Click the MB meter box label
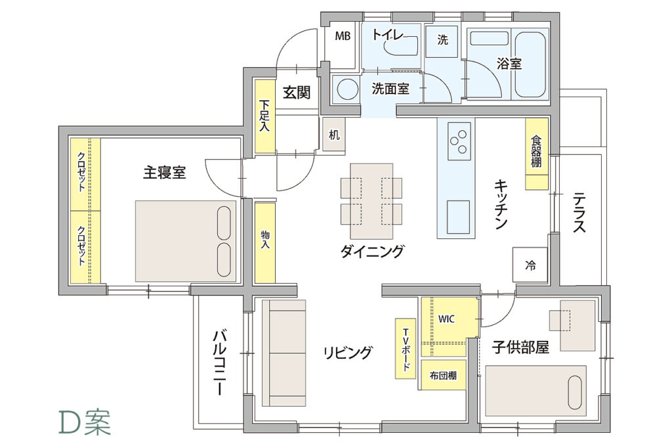tap(343, 36)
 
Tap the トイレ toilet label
tap(387, 34)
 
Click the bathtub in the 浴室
tap(530, 64)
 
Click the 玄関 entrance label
tap(297, 92)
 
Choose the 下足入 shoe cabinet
tap(265, 116)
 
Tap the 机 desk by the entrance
tap(334, 134)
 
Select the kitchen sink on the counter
tap(459, 217)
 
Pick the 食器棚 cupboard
tap(537, 153)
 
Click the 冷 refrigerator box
tap(530, 265)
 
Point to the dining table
tap(371, 201)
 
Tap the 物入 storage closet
tap(265, 242)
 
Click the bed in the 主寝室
tap(186, 240)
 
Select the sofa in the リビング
tap(283, 353)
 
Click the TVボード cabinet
tap(406, 348)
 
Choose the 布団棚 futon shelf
tap(443, 376)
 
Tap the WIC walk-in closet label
tap(446, 319)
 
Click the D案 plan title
tap(85, 422)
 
